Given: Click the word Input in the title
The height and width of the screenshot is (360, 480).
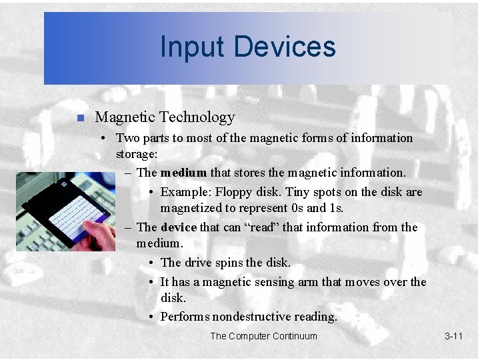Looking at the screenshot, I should click(x=189, y=47).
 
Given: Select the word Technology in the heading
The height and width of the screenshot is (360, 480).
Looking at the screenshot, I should click(x=200, y=117).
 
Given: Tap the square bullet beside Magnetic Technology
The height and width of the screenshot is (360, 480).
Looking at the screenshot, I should click(x=79, y=118).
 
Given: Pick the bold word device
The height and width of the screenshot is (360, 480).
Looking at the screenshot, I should click(x=179, y=227).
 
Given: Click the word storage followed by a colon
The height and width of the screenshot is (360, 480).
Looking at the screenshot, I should click(x=137, y=155).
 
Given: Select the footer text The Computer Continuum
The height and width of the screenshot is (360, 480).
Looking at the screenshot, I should click(x=263, y=336).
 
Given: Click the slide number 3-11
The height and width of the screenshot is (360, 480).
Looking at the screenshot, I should click(x=453, y=336).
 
